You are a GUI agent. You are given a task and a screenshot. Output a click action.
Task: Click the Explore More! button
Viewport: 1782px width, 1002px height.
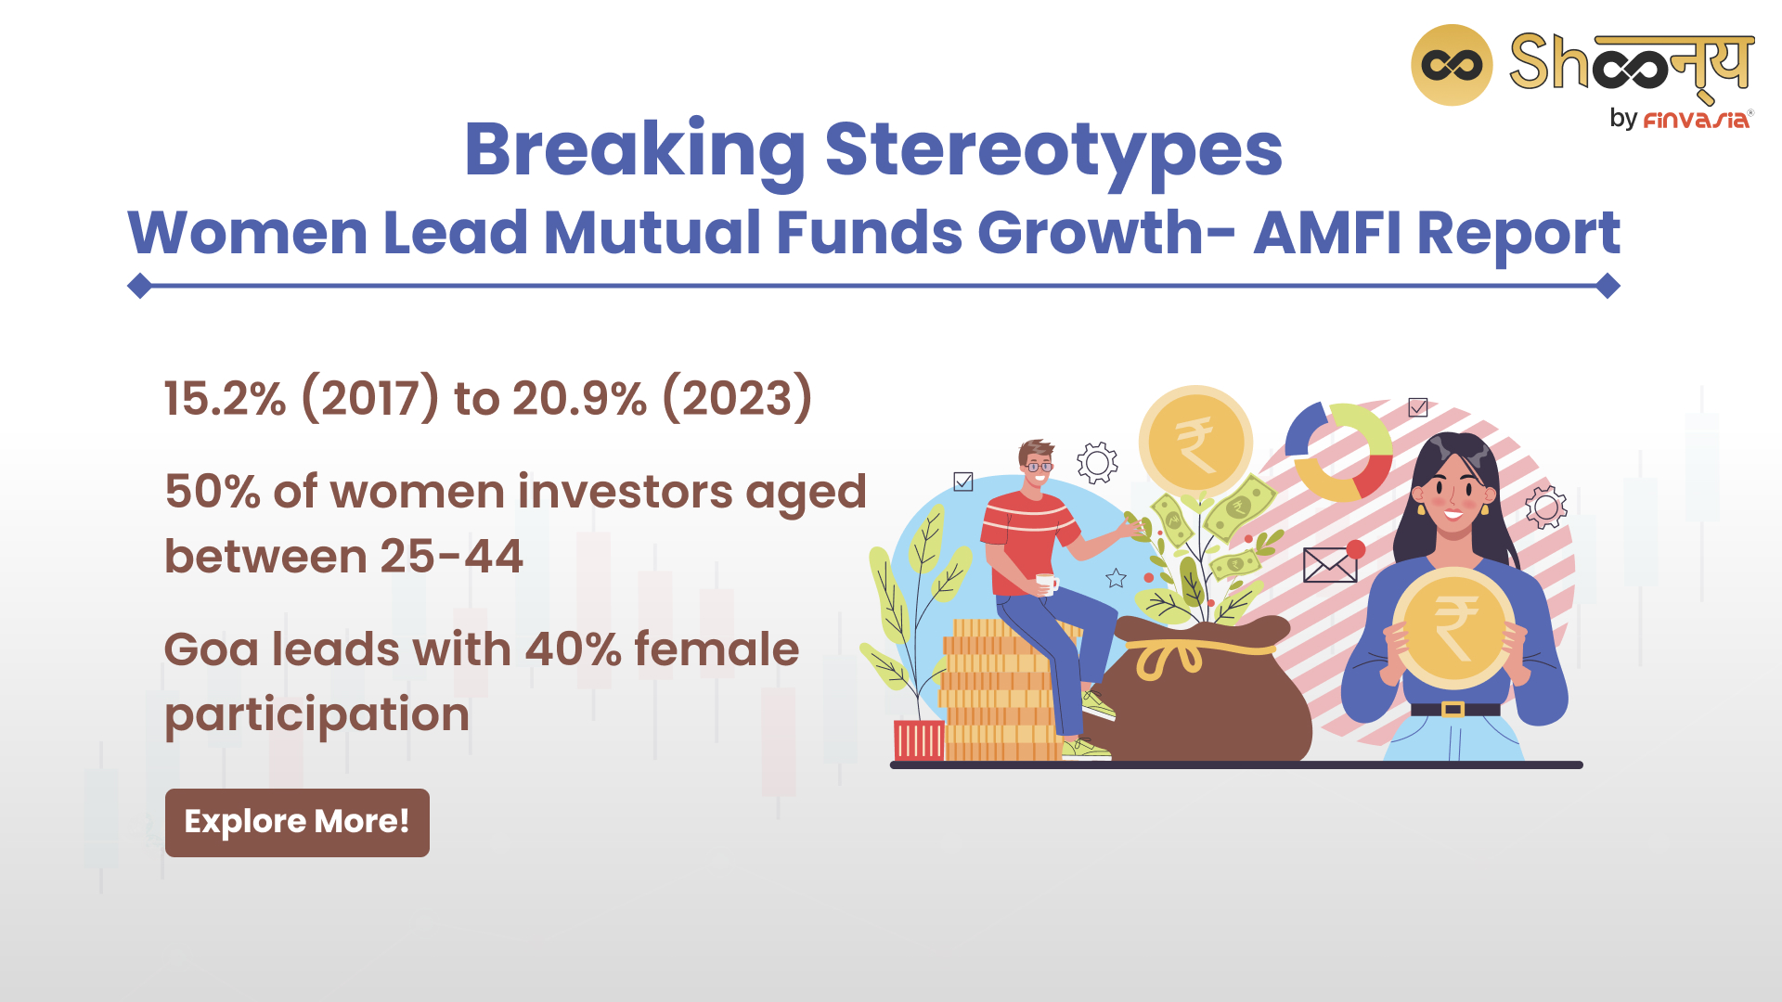[297, 822]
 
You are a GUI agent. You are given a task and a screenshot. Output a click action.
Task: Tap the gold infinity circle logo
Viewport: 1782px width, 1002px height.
[1452, 65]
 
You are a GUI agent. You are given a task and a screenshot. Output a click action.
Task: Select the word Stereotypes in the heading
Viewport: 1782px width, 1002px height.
[1053, 150]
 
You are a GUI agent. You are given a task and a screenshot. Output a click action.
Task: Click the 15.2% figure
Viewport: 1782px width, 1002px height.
[226, 399]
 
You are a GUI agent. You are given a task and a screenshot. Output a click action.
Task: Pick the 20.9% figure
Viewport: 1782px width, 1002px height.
[579, 399]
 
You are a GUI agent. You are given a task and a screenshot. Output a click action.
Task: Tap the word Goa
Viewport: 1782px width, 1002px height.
[212, 649]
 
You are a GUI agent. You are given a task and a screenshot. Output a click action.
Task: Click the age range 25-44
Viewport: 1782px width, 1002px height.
[451, 557]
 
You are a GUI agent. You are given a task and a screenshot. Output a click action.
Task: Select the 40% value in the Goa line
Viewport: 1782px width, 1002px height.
[574, 649]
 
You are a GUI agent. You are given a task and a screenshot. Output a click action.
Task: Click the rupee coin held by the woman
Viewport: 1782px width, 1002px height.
[1453, 628]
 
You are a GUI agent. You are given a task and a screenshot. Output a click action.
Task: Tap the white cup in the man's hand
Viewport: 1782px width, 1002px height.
[1048, 583]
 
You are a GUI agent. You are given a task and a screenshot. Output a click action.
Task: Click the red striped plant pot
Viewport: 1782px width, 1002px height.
[919, 740]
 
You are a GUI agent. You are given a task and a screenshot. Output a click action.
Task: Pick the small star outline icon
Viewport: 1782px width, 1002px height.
[1116, 579]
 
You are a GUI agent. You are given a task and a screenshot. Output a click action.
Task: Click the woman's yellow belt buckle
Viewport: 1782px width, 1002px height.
[1453, 710]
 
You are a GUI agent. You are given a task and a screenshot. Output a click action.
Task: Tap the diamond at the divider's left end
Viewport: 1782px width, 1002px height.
[140, 286]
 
